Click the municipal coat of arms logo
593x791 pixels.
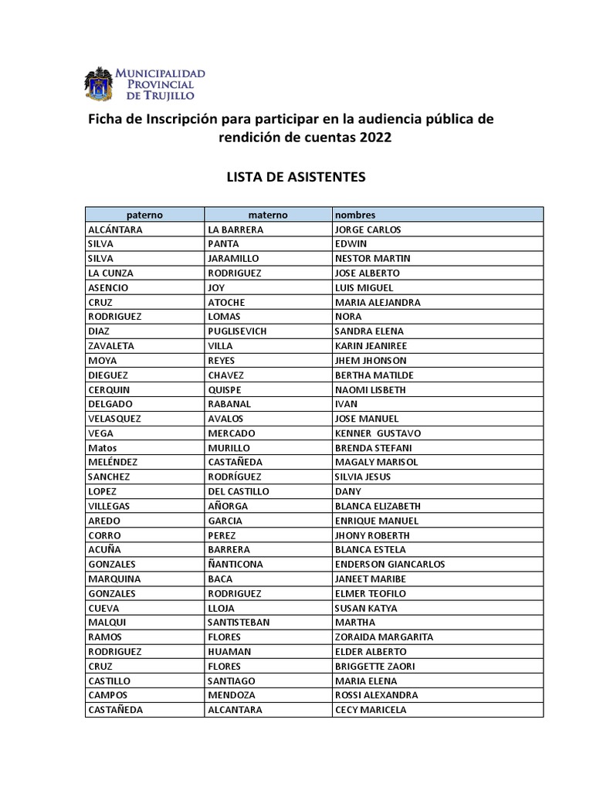98,84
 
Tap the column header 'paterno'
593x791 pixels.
144,215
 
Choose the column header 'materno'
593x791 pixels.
267,215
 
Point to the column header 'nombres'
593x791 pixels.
355,215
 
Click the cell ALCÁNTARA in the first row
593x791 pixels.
115,229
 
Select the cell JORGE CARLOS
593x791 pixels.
368,229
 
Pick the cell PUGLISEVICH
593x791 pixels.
237,331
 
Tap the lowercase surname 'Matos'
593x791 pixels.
103,448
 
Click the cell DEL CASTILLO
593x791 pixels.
239,491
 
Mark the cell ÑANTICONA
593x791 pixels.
236,564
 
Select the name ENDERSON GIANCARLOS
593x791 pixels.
390,564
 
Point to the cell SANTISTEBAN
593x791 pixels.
239,623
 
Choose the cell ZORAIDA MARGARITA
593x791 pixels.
384,637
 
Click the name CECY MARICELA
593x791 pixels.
371,710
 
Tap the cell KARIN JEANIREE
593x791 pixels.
371,346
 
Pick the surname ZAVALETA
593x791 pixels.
111,346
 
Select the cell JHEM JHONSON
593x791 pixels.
371,361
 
